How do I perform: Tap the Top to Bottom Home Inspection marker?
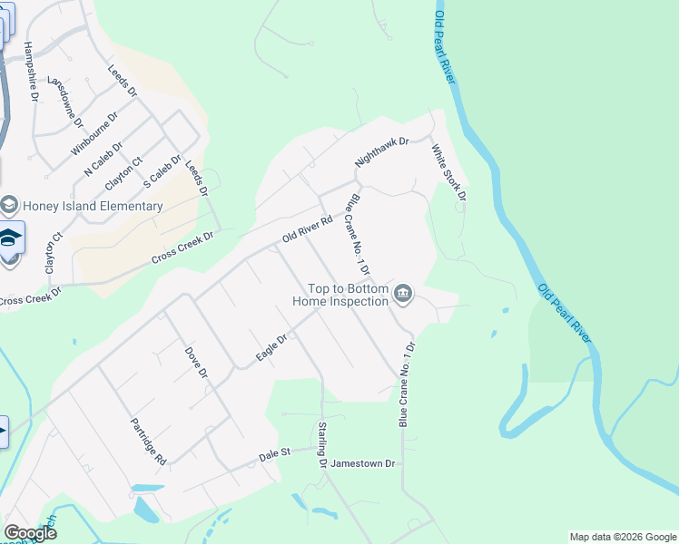[x=404, y=294]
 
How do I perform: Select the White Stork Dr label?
[x=448, y=172]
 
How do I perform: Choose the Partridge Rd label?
[x=147, y=441]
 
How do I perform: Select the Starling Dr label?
[x=322, y=443]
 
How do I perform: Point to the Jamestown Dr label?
[x=363, y=463]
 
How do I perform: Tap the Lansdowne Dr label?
[x=64, y=101]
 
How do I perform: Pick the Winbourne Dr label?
[x=94, y=134]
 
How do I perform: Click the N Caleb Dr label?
[x=102, y=159]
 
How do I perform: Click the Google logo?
[x=30, y=533]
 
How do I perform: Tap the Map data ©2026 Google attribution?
[x=622, y=537]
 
